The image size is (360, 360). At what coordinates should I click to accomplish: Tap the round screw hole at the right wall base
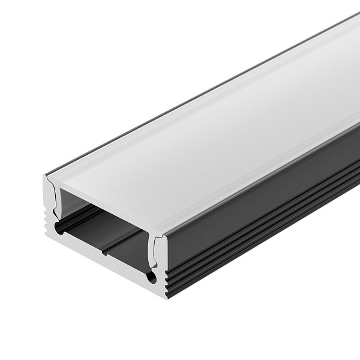(152, 277)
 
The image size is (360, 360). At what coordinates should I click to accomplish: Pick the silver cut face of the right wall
(162, 264)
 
